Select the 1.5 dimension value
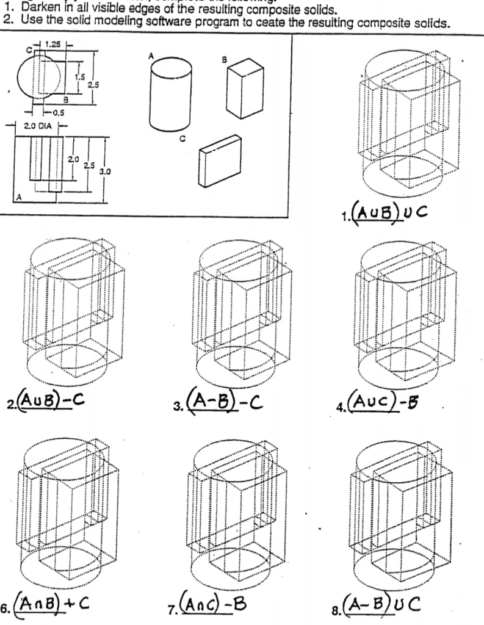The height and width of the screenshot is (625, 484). pyautogui.click(x=78, y=76)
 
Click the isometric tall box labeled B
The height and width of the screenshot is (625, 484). pyautogui.click(x=244, y=88)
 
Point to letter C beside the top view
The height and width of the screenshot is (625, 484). pyautogui.click(x=26, y=49)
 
